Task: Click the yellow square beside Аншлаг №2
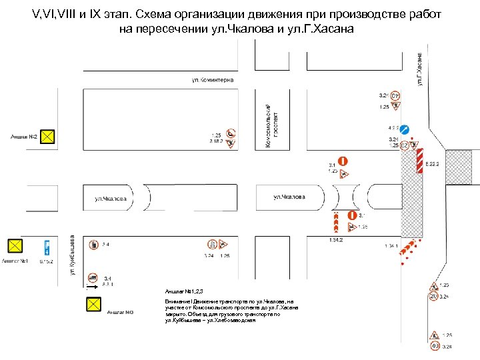[49, 137]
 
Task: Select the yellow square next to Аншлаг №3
[95, 305]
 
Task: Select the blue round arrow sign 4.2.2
[405, 128]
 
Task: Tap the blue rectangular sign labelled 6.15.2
[46, 247]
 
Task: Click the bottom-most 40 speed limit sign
[434, 347]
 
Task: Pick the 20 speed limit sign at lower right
[433, 296]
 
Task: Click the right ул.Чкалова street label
[289, 197]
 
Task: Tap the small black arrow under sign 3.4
[87, 288]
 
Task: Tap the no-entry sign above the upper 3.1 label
[343, 161]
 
